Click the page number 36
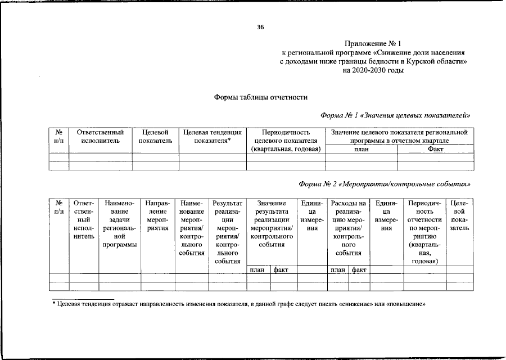tap(260, 27)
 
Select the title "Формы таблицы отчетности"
tap(261, 97)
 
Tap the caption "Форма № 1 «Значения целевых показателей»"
tap(395, 115)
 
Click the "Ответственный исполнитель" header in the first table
tap(100, 136)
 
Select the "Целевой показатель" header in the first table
tap(155, 136)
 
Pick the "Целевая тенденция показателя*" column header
tap(213, 136)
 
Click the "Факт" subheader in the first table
tap(435, 149)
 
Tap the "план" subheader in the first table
tap(362, 149)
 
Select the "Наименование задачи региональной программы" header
tap(119, 224)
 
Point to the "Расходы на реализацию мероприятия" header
tap(349, 228)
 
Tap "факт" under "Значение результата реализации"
tap(281, 270)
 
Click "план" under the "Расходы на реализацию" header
tap(338, 270)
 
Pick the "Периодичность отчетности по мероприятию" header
tap(424, 232)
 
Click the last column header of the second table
tap(459, 216)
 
